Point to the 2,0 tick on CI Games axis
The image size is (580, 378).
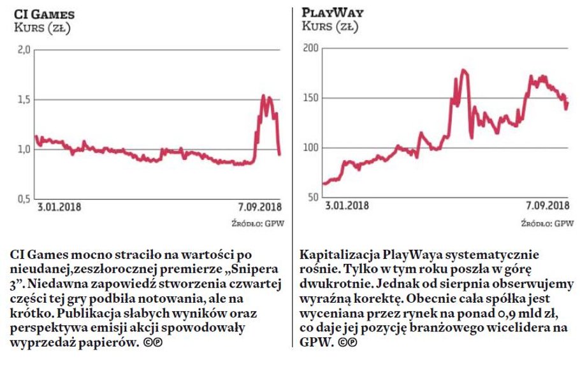coord(23,50)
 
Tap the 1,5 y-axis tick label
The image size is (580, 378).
coord(23,99)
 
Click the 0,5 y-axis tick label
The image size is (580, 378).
coord(23,199)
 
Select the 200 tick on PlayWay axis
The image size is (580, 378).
coord(310,48)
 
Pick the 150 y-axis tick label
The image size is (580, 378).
coord(310,98)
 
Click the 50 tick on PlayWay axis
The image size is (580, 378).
coord(312,198)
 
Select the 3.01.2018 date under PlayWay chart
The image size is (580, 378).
coord(347,205)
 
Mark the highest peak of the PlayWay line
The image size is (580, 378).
coord(463,70)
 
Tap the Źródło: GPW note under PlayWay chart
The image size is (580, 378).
coord(547,223)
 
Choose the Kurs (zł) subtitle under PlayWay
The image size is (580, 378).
coord(330,27)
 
